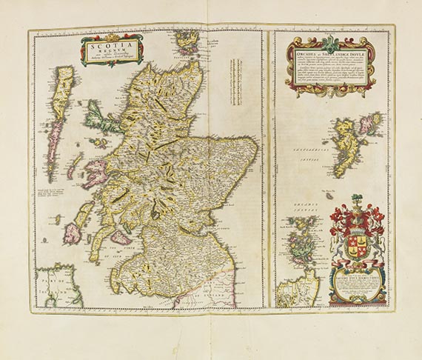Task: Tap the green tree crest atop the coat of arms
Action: [358, 199]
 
